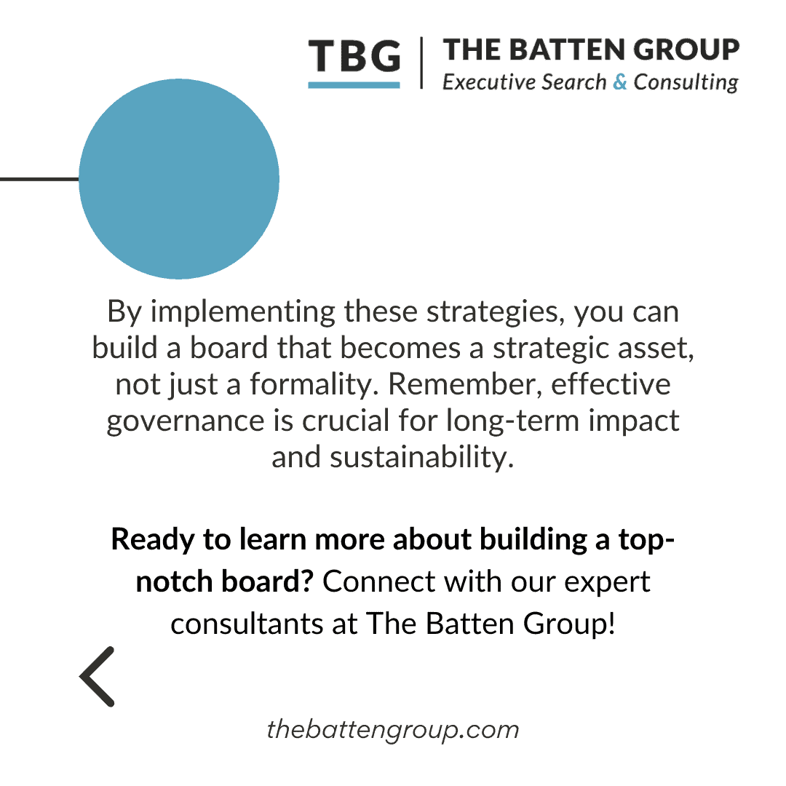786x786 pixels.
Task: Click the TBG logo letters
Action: (354, 57)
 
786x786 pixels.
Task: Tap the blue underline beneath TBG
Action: (354, 85)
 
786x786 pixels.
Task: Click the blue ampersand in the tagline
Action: (619, 82)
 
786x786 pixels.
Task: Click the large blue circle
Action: (179, 179)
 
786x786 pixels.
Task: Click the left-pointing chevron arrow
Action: (98, 676)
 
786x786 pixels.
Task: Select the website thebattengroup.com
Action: (393, 729)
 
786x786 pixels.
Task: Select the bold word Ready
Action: (148, 541)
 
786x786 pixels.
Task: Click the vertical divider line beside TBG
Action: (421, 64)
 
